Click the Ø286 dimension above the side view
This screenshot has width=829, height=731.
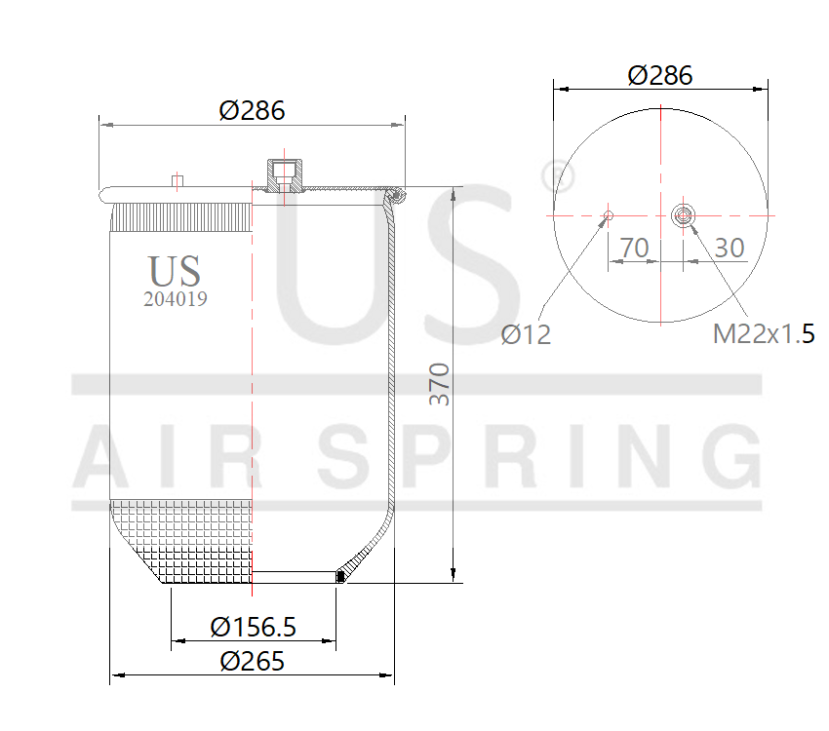tap(252, 110)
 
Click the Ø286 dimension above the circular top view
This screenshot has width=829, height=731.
tap(660, 75)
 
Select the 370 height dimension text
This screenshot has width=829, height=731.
tap(440, 384)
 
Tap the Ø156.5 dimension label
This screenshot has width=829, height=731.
tap(253, 627)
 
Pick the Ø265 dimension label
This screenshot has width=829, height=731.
tap(252, 661)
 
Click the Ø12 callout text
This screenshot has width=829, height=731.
tap(526, 335)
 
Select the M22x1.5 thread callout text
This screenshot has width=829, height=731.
tap(764, 334)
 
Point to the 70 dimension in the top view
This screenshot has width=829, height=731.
tap(634, 248)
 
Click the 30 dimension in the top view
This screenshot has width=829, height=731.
tap(730, 248)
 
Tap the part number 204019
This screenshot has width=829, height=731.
tap(175, 300)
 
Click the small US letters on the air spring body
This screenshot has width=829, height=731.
tap(175, 271)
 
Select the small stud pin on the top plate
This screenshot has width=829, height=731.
tap(177, 180)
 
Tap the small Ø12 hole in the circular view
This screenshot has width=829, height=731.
tap(609, 215)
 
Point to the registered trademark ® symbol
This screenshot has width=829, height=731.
tap(557, 176)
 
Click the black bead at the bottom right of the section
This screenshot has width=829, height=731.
tap(340, 576)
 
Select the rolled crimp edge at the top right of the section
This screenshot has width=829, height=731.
tap(397, 197)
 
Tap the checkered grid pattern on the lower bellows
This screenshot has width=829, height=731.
tap(185, 541)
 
